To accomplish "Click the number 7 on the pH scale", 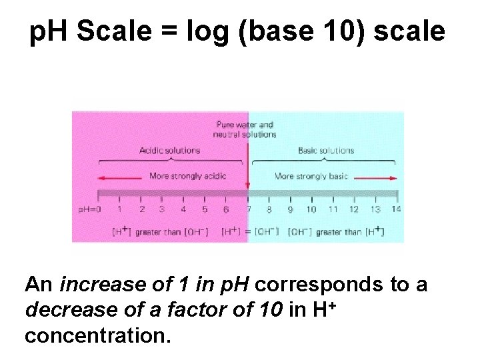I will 248,209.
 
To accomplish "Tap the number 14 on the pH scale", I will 397,209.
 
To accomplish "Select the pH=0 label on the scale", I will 89,209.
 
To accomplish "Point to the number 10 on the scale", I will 311,209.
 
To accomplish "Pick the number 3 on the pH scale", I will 162,209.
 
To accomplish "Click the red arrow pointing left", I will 120,177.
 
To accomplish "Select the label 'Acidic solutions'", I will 169,150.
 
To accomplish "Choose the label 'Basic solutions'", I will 326,150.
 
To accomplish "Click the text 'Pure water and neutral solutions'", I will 245,129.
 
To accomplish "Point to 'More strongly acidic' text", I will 188,177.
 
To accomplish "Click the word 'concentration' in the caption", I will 97,335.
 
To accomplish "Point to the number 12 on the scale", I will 354,209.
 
